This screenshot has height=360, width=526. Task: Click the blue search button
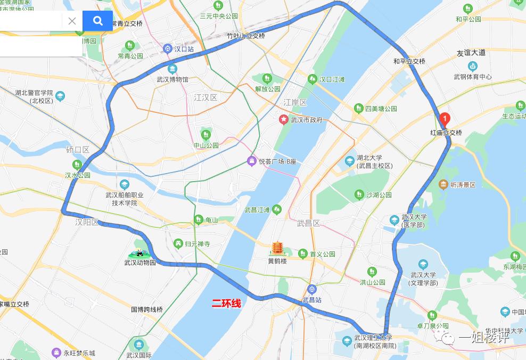click(x=97, y=21)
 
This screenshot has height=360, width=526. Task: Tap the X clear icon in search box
click(x=72, y=21)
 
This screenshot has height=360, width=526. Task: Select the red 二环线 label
click(x=226, y=304)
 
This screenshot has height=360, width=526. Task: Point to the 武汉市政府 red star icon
click(x=284, y=119)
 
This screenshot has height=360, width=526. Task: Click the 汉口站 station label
click(x=184, y=49)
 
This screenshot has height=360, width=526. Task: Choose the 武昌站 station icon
click(x=312, y=289)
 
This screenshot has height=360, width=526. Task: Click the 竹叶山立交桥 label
click(x=245, y=36)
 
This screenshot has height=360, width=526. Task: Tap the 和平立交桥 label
click(x=409, y=61)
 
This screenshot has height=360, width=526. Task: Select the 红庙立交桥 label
click(x=446, y=133)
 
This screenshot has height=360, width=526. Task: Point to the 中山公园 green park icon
click(x=206, y=135)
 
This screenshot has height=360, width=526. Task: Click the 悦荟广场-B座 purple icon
click(x=252, y=161)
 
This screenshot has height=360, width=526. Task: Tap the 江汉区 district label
click(x=206, y=97)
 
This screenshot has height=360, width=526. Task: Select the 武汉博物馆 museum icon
click(x=172, y=69)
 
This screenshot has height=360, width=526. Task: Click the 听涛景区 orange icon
click(x=443, y=184)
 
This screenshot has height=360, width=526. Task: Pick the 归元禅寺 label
click(x=197, y=244)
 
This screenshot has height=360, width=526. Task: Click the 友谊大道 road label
click(x=471, y=52)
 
